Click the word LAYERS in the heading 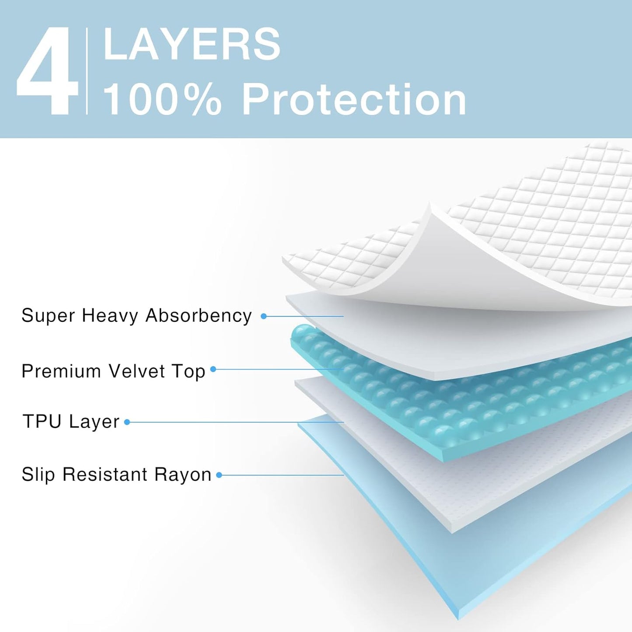point(192,44)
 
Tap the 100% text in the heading point(162,100)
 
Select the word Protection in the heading point(354,100)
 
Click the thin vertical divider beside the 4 point(87,71)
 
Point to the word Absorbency point(199,315)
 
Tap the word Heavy point(110,315)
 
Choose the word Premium point(61,371)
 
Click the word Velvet point(137,371)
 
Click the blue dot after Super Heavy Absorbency point(263,316)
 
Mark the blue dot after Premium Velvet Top point(213,369)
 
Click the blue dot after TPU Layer point(127,422)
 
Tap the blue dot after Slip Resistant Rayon point(219,475)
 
